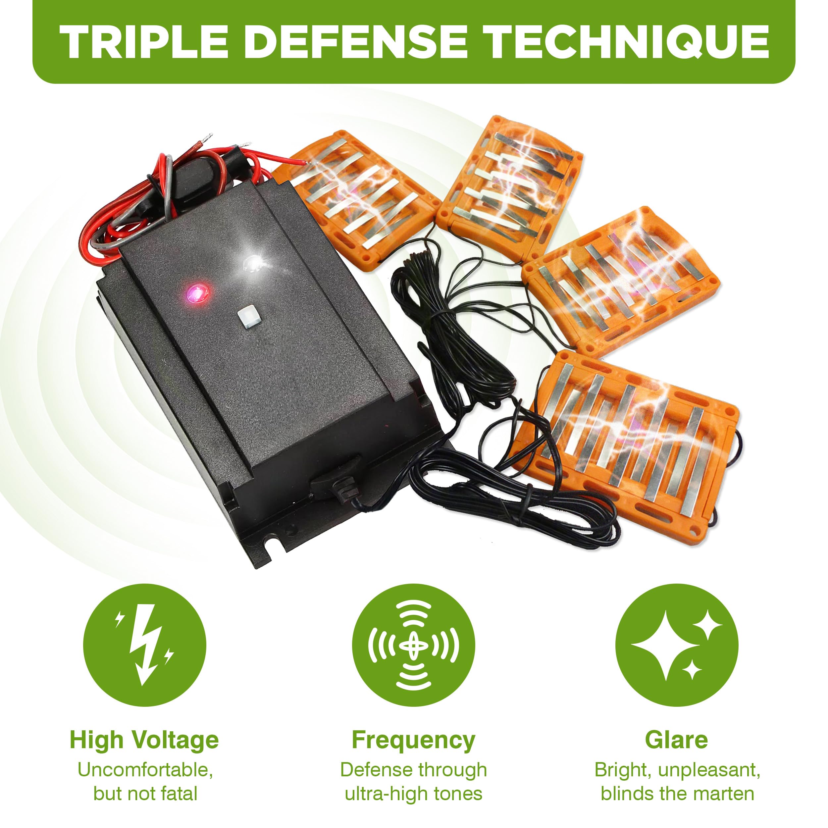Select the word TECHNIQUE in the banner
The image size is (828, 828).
click(x=628, y=42)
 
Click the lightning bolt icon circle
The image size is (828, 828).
click(x=144, y=645)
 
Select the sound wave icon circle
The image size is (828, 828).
click(x=414, y=645)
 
